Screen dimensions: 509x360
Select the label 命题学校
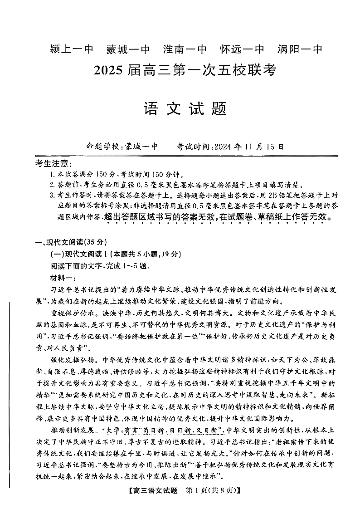pyautogui.click(x=103, y=147)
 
